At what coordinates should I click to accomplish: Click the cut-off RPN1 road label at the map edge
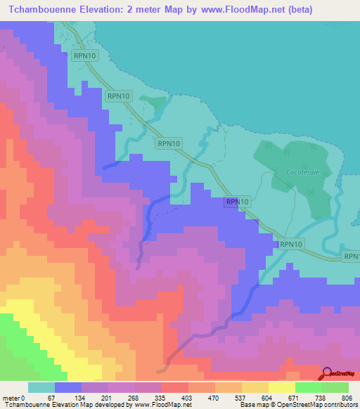tap(352, 257)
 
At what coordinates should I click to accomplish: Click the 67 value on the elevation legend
tap(50, 397)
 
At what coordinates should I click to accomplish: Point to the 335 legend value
tap(161, 397)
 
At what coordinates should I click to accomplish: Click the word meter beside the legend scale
tap(11, 397)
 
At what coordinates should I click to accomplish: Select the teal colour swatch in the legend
tap(41, 387)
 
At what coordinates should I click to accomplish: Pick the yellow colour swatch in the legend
tap(282, 387)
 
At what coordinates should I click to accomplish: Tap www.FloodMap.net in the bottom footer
tap(153, 405)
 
